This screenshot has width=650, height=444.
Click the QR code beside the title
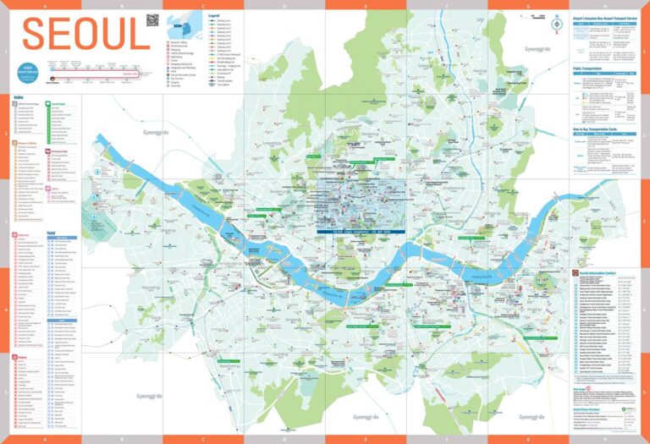tap(152, 20)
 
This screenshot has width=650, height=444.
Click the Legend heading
tap(213, 15)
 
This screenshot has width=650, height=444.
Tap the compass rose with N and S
tap(556, 24)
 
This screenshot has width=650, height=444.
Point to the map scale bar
tap(556, 38)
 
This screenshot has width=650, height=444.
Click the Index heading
tap(18, 97)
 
